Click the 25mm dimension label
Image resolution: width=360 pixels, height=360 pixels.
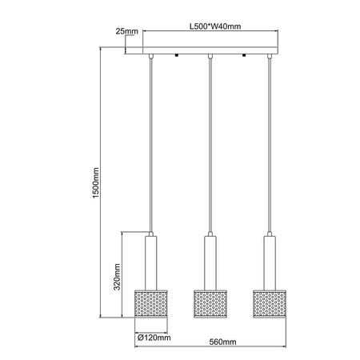click(x=126, y=31)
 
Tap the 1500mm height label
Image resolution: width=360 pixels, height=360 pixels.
click(x=94, y=182)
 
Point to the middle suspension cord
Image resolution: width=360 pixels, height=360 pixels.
click(x=210, y=144)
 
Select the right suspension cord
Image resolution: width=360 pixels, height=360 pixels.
click(x=269, y=144)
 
